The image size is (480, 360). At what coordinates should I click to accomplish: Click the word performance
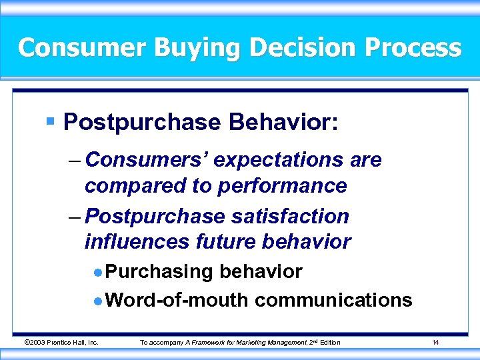coord(279,186)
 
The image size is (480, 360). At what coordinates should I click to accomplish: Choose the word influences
coord(137,242)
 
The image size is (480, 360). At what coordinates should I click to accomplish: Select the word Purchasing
coord(159,272)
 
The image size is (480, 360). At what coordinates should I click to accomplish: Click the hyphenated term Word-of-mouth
coord(177,300)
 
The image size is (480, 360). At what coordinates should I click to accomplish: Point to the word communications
coord(333,300)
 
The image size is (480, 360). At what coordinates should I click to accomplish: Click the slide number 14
coord(435,343)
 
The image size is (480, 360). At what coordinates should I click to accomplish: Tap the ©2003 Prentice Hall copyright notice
coord(61,343)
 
